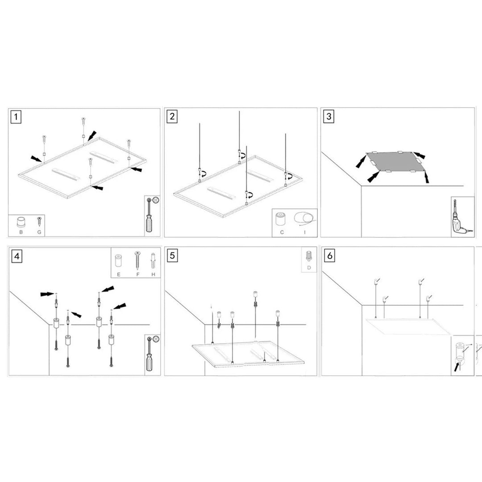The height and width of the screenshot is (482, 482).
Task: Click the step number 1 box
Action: (17, 117)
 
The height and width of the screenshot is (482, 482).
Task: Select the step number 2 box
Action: (172, 117)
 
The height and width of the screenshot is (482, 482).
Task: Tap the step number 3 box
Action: (329, 117)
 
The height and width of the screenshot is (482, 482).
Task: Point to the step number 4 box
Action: (17, 256)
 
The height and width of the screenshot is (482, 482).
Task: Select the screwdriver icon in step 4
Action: (151, 355)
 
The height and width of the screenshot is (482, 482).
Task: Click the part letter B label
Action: (21, 232)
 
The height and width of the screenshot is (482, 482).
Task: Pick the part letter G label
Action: (39, 232)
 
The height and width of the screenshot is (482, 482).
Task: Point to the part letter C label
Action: (282, 232)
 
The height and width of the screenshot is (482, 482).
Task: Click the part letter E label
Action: (118, 274)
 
